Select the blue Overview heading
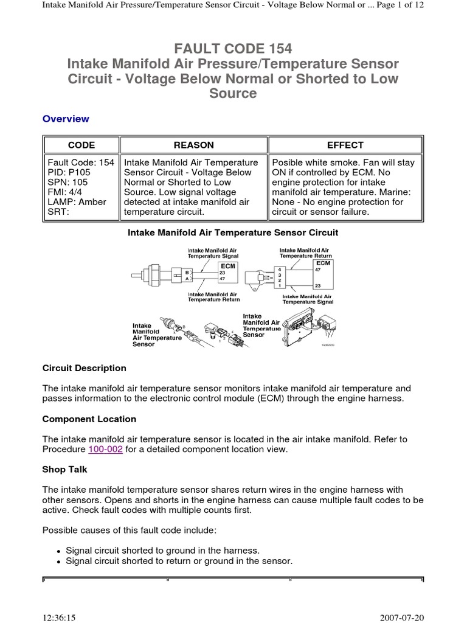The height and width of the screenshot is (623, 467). click(66, 119)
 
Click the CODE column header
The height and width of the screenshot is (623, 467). click(81, 145)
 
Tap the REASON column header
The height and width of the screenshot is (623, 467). click(193, 145)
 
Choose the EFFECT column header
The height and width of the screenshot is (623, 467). click(345, 145)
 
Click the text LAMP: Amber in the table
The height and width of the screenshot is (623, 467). click(77, 201)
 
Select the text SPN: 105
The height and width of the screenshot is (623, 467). click(66, 182)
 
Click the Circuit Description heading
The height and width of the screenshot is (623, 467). click(85, 368)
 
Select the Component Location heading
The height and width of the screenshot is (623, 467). click(89, 419)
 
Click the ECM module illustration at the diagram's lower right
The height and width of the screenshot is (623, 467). click(304, 332)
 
